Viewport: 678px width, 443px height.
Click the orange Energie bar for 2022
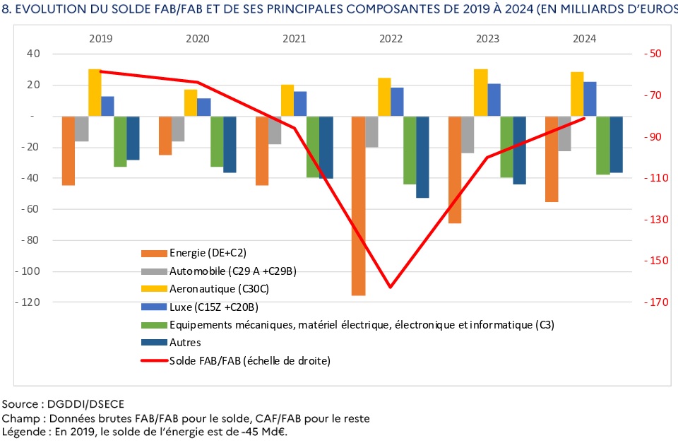click(x=358, y=205)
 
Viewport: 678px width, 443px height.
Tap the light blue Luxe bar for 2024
click(x=590, y=99)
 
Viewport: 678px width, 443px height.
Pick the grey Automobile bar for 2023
click(x=468, y=134)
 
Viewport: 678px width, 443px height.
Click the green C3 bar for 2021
click(x=313, y=146)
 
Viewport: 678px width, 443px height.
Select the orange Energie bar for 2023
click(x=455, y=170)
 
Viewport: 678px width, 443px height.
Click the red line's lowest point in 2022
click(x=390, y=287)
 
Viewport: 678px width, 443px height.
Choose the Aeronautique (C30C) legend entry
click(x=219, y=288)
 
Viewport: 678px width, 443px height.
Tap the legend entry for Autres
click(x=185, y=343)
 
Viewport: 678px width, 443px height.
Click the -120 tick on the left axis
click(x=29, y=302)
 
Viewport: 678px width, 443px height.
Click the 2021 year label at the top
click(x=294, y=38)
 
